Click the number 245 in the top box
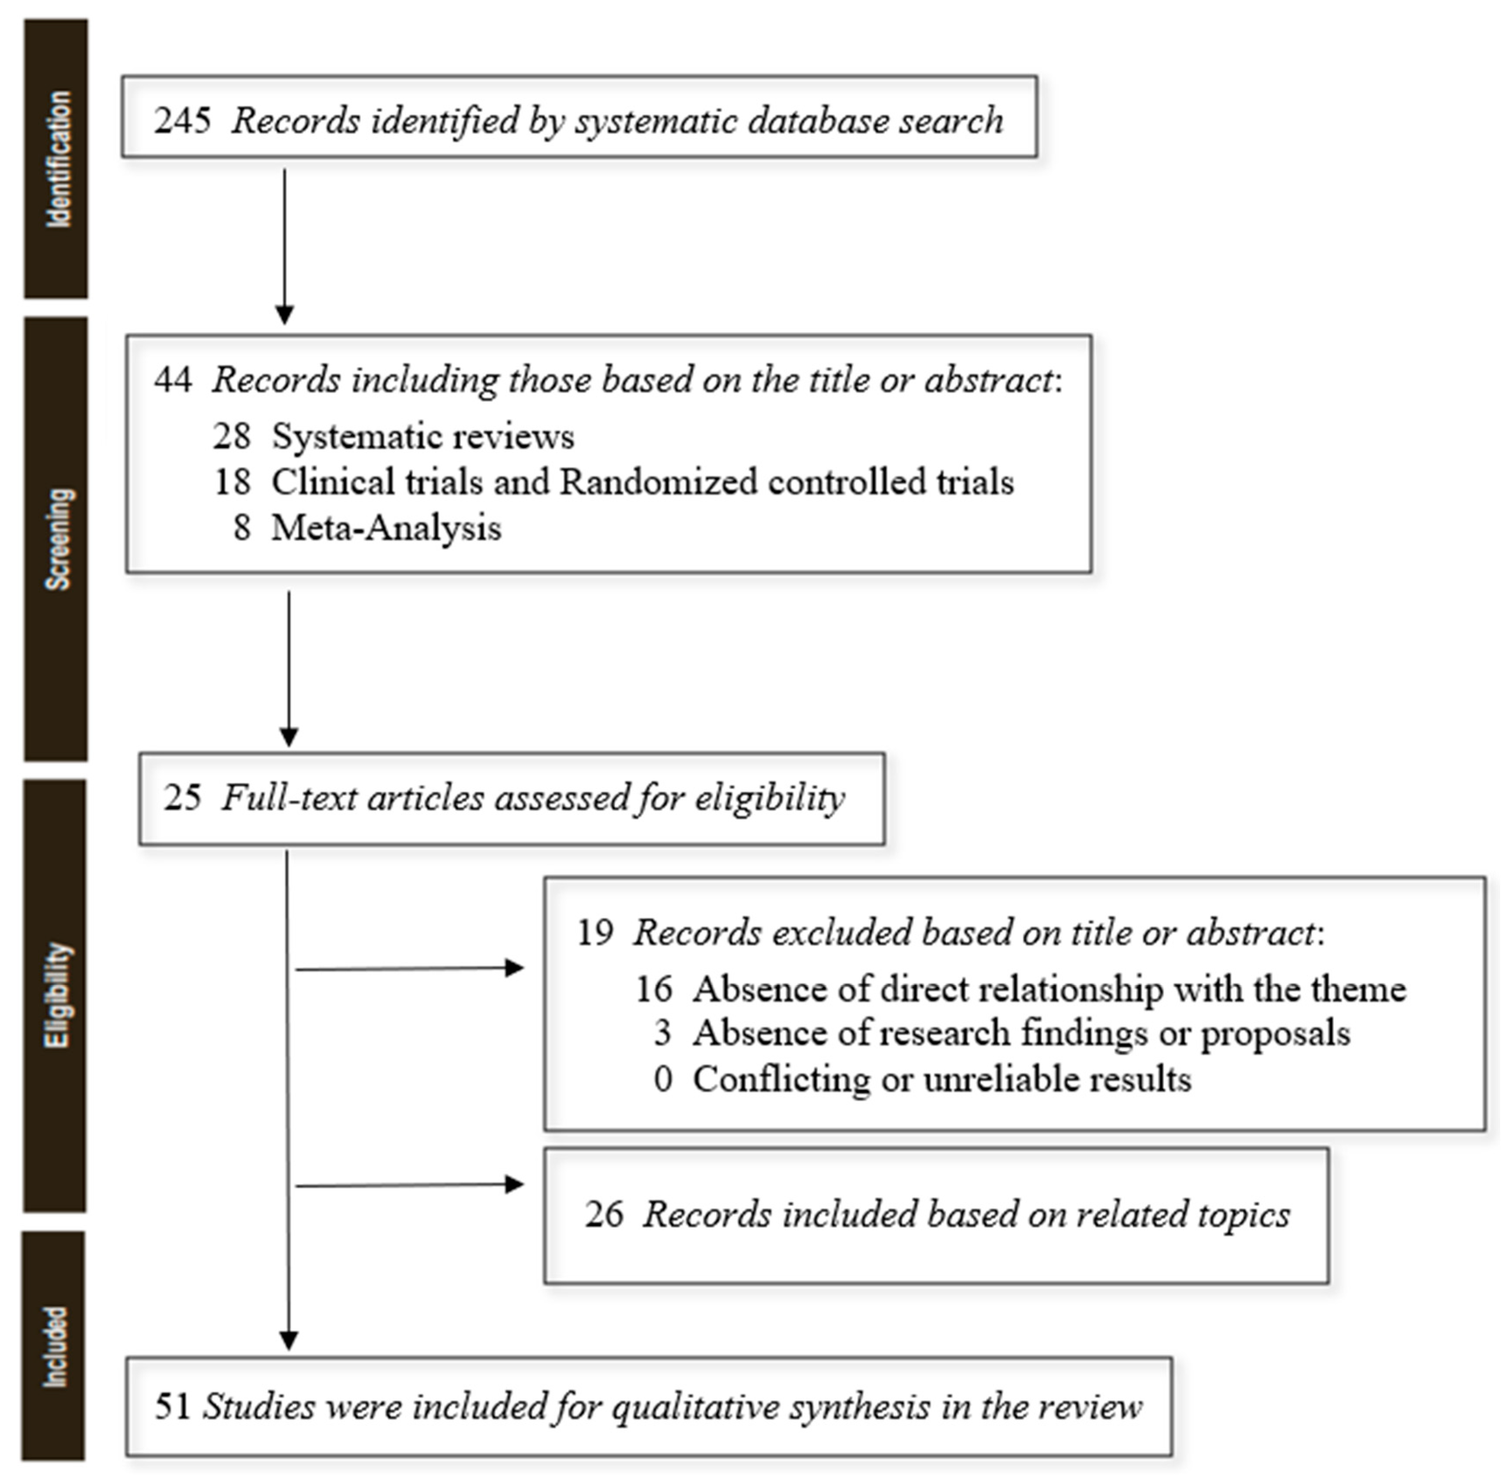click(x=182, y=121)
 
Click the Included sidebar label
click(x=54, y=1347)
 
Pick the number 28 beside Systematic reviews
click(x=231, y=436)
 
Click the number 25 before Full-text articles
click(x=182, y=798)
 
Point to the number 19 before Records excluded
click(x=595, y=933)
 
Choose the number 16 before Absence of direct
click(x=653, y=989)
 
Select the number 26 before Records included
click(x=604, y=1214)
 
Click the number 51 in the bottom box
click(x=172, y=1407)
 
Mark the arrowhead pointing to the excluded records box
click(x=515, y=967)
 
